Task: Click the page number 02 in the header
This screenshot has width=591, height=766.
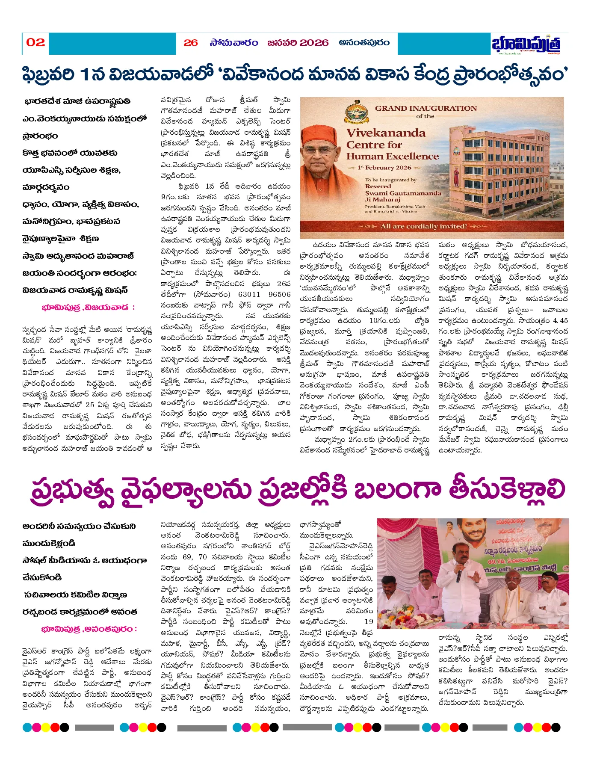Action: (35, 42)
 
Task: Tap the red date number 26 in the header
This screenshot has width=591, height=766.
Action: (191, 43)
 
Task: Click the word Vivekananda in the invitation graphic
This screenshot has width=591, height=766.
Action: (386, 133)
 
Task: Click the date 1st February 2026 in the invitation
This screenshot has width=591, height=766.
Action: (384, 168)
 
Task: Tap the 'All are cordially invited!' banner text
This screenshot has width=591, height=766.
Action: (423, 226)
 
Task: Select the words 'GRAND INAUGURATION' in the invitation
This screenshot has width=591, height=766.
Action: (426, 109)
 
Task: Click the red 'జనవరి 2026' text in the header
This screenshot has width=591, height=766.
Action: (298, 43)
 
